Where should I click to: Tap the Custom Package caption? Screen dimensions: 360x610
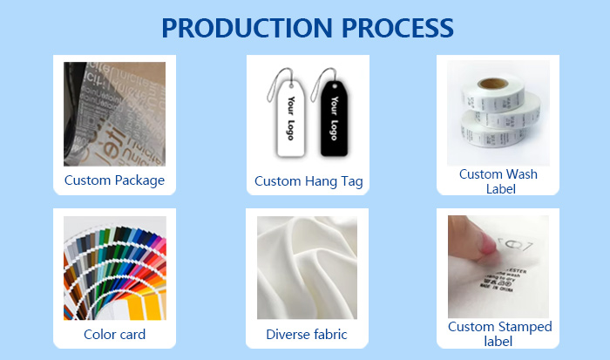pyautogui.click(x=114, y=181)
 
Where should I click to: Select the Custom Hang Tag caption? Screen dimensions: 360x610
pyautogui.click(x=308, y=181)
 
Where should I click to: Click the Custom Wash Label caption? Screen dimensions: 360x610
pyautogui.click(x=498, y=181)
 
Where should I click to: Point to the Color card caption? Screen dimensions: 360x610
pyautogui.click(x=114, y=335)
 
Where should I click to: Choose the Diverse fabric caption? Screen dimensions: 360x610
pyautogui.click(x=307, y=335)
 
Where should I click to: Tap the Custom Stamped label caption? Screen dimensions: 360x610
pyautogui.click(x=499, y=335)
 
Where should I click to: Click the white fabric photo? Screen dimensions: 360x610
pyautogui.click(x=307, y=268)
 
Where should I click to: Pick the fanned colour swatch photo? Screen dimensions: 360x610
pyautogui.click(x=114, y=268)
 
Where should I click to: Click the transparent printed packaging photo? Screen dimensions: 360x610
pyautogui.click(x=114, y=113)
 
